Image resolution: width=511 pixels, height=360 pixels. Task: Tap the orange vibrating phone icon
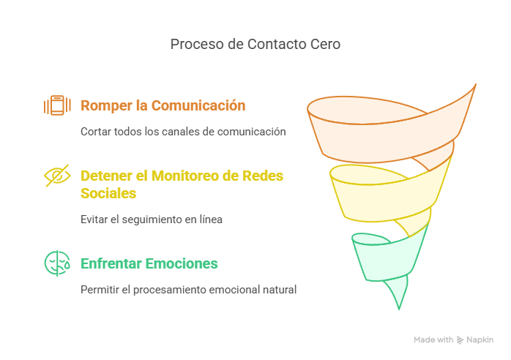57,105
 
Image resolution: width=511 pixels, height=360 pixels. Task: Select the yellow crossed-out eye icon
57,176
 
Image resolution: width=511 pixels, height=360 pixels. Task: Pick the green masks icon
57,263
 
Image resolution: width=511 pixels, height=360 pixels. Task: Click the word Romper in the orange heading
106,105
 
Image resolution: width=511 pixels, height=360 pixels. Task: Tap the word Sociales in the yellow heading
108,193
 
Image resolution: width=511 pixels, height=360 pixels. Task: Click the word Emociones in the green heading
186,263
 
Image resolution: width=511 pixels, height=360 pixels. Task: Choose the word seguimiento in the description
146,219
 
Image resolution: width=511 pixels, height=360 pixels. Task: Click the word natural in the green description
278,289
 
